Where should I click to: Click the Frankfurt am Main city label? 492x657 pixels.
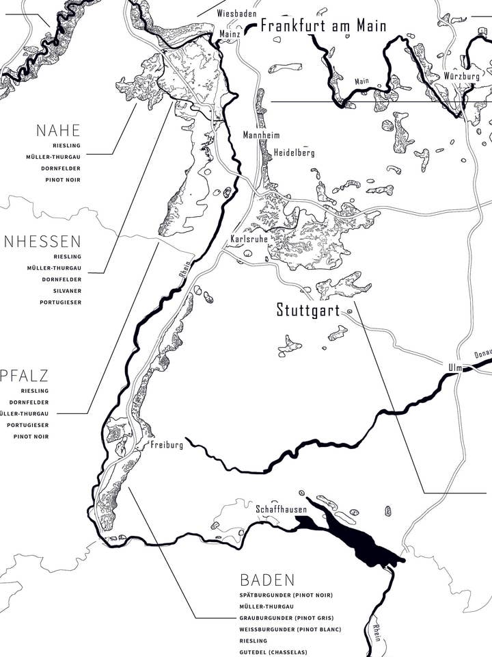coord(323,27)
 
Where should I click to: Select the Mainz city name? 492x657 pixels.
coord(230,33)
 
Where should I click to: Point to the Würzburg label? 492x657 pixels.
coord(461,76)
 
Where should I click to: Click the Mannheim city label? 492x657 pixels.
coord(261,136)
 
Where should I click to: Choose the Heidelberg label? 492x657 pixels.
coord(294,153)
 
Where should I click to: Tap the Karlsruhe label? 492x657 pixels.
coord(249,240)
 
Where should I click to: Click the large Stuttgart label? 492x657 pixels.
coord(307,310)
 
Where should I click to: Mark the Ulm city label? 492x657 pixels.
coord(454,368)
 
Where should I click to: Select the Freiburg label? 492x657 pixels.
coord(167,445)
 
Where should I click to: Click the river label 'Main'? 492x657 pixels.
coord(361,81)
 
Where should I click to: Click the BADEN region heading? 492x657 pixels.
coord(267,580)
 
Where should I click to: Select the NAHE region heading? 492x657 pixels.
coord(58,131)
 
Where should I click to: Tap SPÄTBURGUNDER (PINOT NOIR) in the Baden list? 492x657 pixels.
coord(286,595)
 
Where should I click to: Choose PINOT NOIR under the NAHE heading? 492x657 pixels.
coord(64,179)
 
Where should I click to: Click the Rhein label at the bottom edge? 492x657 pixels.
coord(377,632)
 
